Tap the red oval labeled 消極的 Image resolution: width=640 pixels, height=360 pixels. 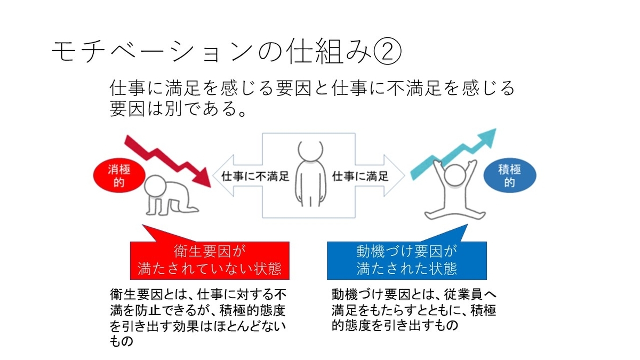119,175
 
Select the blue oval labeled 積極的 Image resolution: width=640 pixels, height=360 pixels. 510,175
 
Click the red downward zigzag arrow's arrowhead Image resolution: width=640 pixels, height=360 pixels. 202,178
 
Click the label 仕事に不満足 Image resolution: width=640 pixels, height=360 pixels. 255,177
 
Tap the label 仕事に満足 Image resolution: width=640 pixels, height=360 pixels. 360,177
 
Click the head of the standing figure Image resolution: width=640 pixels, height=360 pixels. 310,150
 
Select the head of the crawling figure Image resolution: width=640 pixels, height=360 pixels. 155,186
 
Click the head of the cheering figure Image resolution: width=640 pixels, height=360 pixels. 455,175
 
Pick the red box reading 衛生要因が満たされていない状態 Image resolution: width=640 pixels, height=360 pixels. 210,261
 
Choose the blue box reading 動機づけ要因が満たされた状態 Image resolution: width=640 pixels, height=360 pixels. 407,261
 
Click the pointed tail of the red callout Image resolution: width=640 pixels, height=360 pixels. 142,225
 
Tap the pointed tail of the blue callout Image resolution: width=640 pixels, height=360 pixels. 467,225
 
